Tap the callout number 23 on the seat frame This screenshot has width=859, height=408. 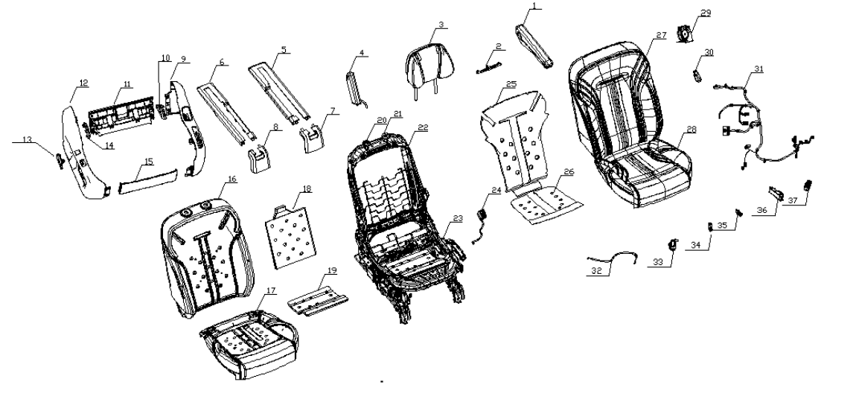(457, 218)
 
